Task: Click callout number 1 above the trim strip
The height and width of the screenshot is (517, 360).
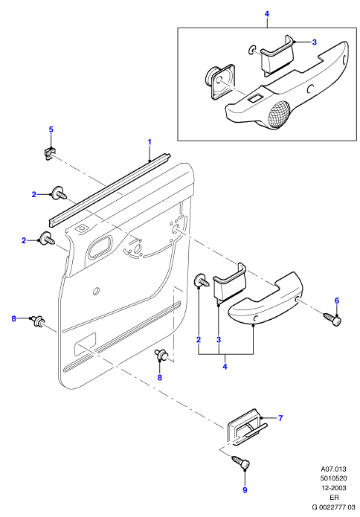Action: point(150,142)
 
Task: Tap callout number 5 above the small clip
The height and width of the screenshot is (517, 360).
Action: point(51,129)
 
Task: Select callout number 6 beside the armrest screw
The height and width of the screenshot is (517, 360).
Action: point(337,301)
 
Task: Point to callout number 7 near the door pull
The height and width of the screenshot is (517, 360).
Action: point(280,418)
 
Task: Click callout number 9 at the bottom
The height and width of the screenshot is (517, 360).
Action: point(245,490)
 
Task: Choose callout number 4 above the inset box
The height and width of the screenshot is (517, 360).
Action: point(267,14)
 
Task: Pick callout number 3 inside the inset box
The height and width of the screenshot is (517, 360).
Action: point(314,42)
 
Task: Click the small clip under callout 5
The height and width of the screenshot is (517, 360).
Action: point(49,153)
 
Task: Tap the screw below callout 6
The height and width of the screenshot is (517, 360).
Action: point(332,318)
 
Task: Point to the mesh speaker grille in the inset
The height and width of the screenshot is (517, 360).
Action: point(279,114)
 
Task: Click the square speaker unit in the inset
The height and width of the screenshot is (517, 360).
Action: point(219,81)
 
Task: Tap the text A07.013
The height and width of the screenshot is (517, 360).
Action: point(334,469)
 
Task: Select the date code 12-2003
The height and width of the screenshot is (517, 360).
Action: point(334,488)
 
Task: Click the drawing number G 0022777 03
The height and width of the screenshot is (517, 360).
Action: point(334,507)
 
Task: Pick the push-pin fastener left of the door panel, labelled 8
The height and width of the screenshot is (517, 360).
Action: point(38,321)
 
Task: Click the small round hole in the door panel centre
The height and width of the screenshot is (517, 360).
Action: point(96,291)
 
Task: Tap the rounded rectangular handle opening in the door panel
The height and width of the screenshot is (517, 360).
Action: point(100,248)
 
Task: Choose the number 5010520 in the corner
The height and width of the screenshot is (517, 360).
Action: point(334,478)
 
